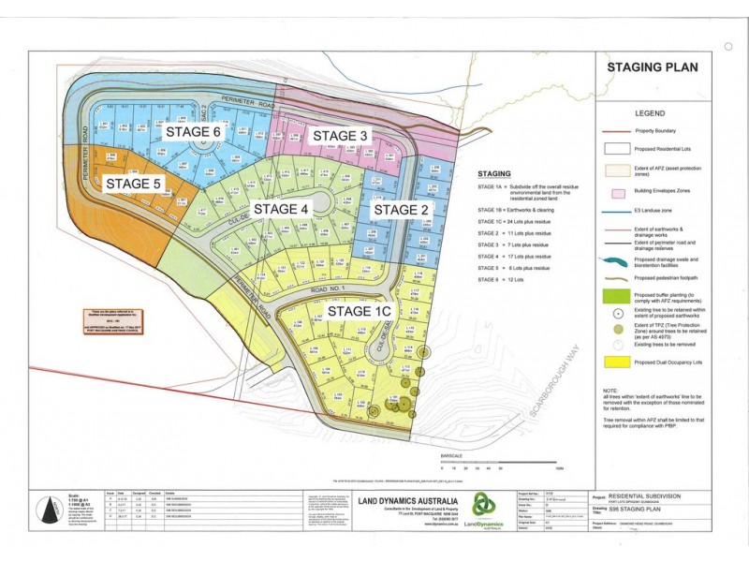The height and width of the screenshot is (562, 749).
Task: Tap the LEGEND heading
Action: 651,111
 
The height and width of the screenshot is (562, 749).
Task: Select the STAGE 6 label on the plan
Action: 193,132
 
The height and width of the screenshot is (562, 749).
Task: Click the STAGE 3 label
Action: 340,136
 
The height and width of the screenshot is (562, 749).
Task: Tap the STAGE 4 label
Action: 281,208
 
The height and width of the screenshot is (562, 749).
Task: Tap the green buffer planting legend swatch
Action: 616,297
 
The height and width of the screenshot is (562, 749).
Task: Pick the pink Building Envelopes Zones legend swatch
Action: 616,191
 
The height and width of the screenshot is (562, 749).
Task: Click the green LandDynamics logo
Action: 483,506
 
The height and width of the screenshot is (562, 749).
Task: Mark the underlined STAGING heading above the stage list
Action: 494,174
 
